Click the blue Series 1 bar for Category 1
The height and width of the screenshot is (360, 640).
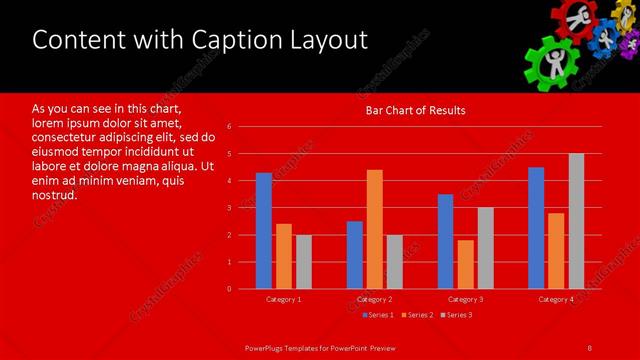pos(264,231)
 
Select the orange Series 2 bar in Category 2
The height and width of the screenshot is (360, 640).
pos(374,229)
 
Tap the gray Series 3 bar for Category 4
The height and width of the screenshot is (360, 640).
pos(576,221)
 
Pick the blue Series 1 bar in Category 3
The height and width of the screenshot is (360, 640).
pos(445,241)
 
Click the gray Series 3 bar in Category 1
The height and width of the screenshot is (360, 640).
pos(304,262)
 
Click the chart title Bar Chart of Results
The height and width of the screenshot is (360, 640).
pos(414,110)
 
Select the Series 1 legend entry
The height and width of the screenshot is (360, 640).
pos(377,316)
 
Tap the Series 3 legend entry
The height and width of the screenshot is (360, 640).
pos(456,316)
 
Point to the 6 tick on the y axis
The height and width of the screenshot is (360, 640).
pos(229,127)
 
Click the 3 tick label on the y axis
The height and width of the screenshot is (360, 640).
pos(229,208)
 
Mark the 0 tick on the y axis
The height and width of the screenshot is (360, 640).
pos(229,289)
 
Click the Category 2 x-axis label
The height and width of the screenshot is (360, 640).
pos(374,300)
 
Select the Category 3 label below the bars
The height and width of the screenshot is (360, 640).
pos(465,300)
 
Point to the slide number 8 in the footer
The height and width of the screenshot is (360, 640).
pos(589,347)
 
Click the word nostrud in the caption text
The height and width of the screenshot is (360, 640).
pos(55,195)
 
